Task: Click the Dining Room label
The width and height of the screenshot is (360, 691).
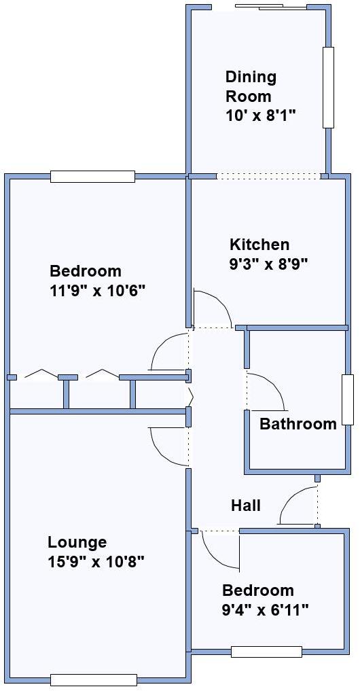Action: tap(251, 86)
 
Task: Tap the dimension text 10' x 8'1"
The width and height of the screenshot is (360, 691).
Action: tap(261, 116)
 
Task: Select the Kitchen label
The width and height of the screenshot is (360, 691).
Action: tap(259, 245)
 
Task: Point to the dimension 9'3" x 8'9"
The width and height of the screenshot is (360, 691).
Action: tap(269, 264)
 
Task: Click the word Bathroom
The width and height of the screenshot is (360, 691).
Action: tap(298, 425)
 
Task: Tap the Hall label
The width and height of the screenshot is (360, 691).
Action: tap(246, 506)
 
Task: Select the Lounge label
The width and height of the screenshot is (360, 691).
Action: tap(77, 542)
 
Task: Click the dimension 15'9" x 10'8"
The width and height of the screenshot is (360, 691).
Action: tap(96, 562)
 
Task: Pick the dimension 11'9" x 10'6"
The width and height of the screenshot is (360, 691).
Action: tap(98, 291)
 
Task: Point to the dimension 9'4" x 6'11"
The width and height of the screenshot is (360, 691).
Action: tap(265, 610)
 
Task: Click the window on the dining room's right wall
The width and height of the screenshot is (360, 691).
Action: tap(328, 88)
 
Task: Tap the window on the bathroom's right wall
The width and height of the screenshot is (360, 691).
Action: tap(348, 400)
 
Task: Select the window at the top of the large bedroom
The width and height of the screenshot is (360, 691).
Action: tap(92, 177)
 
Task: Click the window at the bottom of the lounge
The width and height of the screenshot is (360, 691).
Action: tap(94, 679)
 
